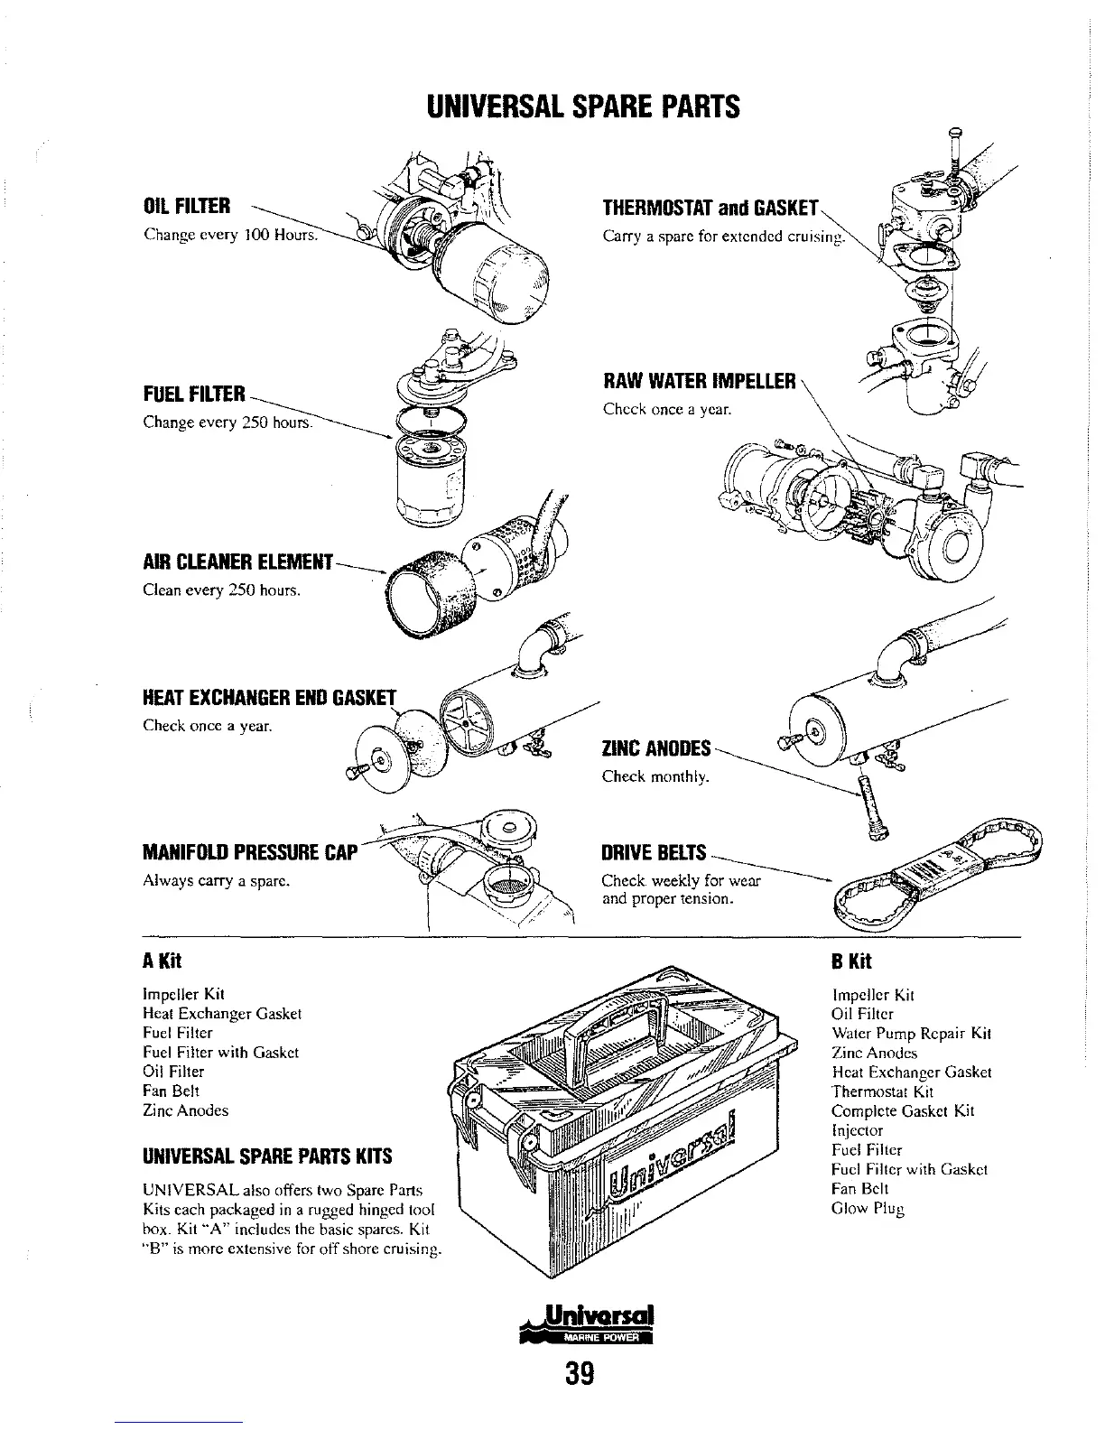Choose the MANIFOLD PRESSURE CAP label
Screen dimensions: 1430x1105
pyautogui.click(x=250, y=853)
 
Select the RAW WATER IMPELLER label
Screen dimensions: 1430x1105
pyautogui.click(x=700, y=382)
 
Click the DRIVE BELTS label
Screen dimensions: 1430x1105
pyautogui.click(x=654, y=853)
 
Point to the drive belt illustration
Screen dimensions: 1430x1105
pyautogui.click(x=939, y=872)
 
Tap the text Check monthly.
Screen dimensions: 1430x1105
pyautogui.click(x=656, y=776)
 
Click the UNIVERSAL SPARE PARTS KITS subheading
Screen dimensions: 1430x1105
pyautogui.click(x=265, y=1156)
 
